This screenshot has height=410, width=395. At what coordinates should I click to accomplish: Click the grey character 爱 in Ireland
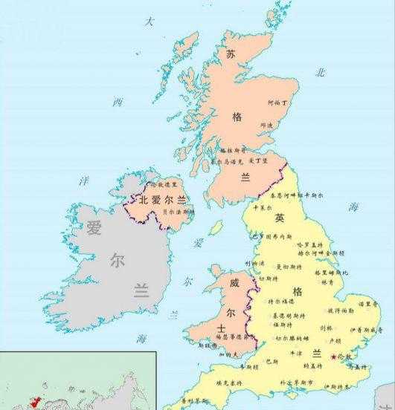point(94,227)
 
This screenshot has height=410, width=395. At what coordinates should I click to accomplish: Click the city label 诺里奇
point(365,304)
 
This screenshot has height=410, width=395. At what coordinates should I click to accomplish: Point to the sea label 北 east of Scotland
point(321,73)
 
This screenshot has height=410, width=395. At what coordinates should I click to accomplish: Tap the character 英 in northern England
point(280,218)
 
